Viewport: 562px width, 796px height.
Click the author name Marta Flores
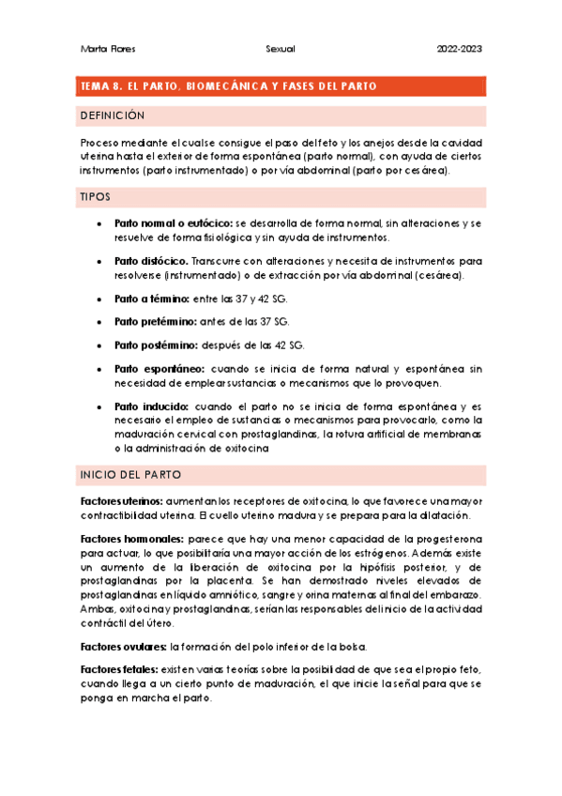[x=103, y=48]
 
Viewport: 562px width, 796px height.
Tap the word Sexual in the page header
[x=281, y=48]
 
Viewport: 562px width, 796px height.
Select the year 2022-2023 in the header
[x=461, y=48]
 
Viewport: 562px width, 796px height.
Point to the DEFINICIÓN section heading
[x=114, y=115]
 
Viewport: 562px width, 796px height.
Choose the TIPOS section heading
[x=96, y=197]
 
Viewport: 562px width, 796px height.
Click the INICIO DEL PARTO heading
[x=131, y=475]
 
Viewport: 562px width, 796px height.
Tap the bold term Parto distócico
[x=151, y=260]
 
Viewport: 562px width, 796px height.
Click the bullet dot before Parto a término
[x=99, y=298]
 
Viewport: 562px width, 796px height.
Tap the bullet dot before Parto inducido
[x=99, y=407]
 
